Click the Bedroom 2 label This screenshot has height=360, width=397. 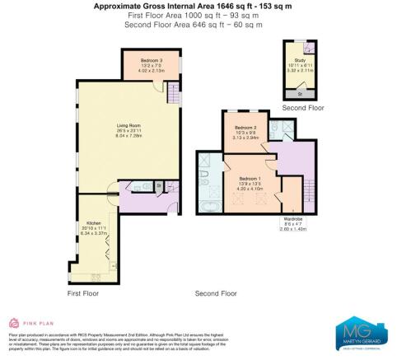pyautogui.click(x=246, y=129)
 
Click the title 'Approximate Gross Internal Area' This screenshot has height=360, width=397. pyautogui.click(x=198, y=6)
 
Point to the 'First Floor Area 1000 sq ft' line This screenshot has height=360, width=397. pyautogui.click(x=198, y=16)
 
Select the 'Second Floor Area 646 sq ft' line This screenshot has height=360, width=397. pyautogui.click(x=198, y=25)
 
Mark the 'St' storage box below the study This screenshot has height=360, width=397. pyautogui.click(x=300, y=95)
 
